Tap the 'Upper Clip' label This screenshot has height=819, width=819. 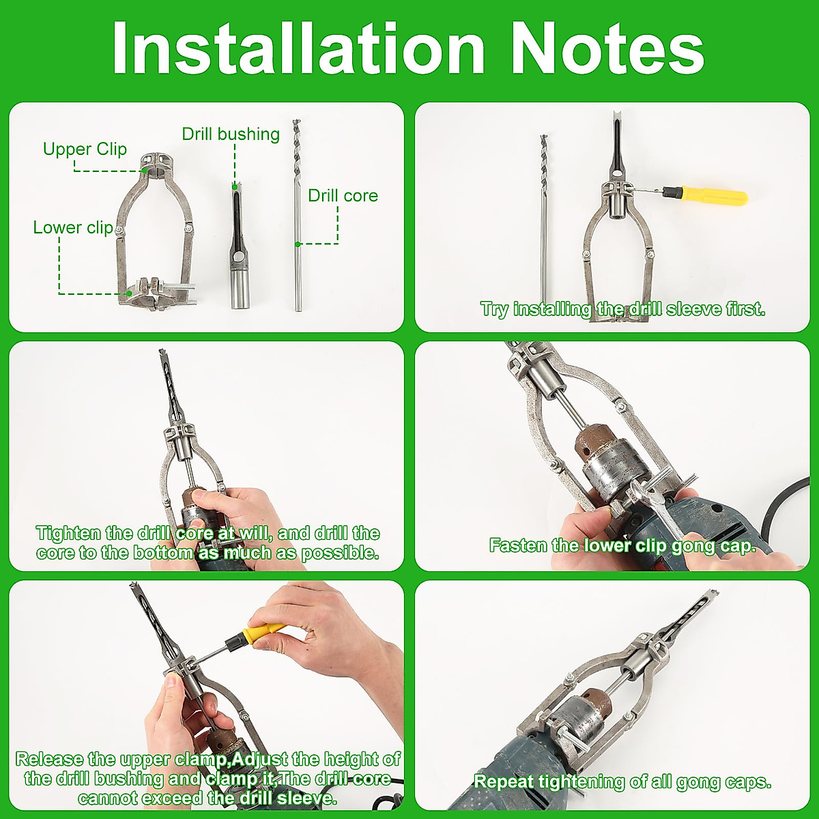tap(85, 149)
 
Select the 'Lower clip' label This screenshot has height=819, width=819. tap(72, 227)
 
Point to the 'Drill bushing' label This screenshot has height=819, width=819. tap(231, 134)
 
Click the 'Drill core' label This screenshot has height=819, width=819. tap(343, 196)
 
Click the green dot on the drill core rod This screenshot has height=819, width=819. tap(298, 244)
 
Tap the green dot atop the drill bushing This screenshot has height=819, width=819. tap(235, 186)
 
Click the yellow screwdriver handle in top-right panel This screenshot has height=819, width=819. tap(717, 196)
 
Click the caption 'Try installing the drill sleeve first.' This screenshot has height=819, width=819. tap(622, 309)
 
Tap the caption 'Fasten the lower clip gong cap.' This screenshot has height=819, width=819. tap(622, 545)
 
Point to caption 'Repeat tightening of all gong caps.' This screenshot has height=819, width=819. tap(622, 781)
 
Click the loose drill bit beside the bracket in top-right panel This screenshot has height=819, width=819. tap(544, 218)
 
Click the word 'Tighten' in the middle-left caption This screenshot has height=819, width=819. tap(68, 533)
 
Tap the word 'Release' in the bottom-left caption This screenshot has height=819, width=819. tap(50, 759)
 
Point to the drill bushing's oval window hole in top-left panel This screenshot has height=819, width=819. tap(240, 257)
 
